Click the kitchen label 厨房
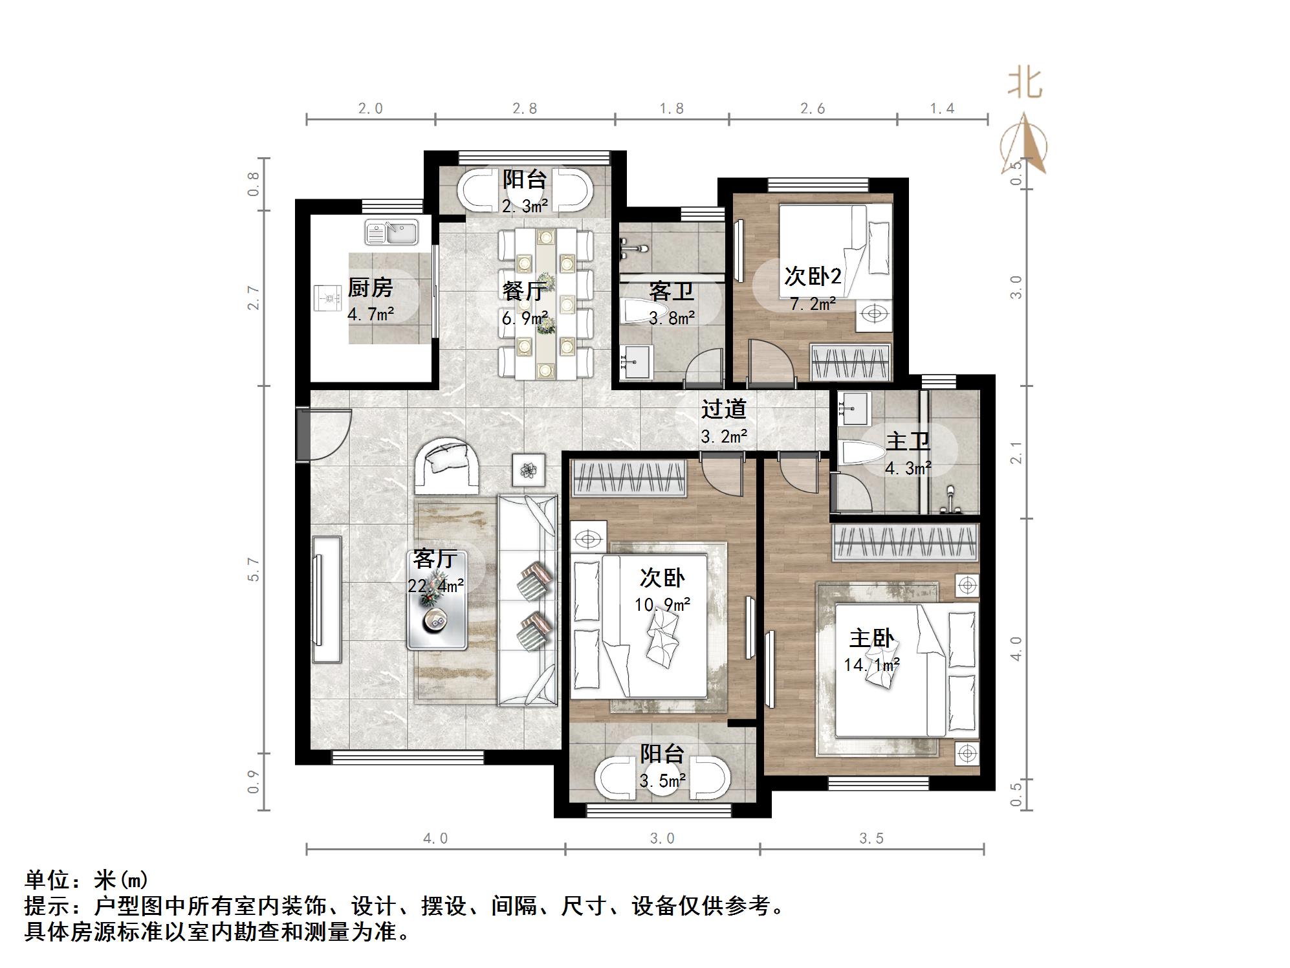click(x=370, y=288)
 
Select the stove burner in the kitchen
click(x=329, y=299)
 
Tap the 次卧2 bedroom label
click(x=813, y=276)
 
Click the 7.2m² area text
click(x=813, y=303)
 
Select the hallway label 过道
click(x=724, y=409)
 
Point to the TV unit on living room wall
click(x=327, y=599)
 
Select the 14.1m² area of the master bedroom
click(x=871, y=665)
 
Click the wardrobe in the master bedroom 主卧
click(x=905, y=542)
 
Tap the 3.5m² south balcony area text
click(x=662, y=781)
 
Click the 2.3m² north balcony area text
click(x=525, y=206)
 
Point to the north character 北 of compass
click(x=1024, y=83)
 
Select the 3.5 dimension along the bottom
click(x=871, y=839)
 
